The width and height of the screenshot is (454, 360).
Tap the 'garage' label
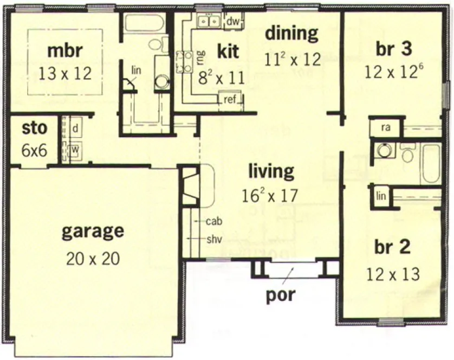click(93, 232)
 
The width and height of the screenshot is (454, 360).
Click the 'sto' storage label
click(34, 130)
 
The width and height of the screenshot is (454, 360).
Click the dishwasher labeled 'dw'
click(232, 22)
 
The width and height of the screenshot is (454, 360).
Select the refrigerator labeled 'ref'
click(229, 99)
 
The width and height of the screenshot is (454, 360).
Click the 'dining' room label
click(291, 34)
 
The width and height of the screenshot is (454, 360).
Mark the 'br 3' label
click(393, 49)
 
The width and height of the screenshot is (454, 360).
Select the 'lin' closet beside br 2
click(381, 196)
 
